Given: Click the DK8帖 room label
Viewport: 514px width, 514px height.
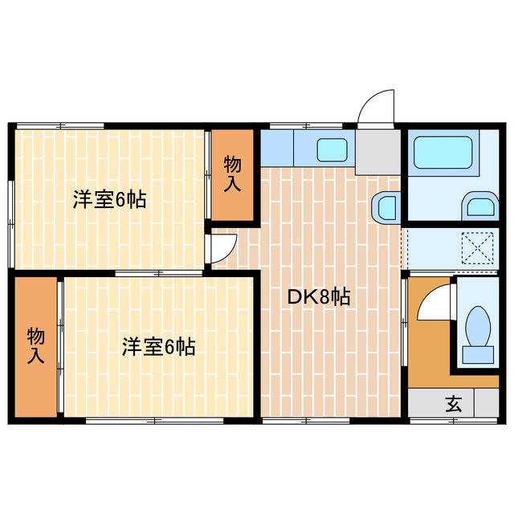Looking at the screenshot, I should coord(318,296).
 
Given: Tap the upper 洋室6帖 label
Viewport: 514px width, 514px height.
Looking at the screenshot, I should coord(109,200).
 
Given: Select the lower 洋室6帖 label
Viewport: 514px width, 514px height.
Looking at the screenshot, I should coord(158,347).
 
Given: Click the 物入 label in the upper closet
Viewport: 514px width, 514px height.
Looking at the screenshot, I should coord(232,173).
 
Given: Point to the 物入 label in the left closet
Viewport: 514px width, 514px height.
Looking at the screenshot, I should coord(35,346).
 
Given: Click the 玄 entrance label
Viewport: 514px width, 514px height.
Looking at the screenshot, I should coord(454,404).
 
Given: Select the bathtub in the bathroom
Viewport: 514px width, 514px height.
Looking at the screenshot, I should coord(442,152).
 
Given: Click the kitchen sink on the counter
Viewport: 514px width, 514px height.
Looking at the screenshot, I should coord(331,149).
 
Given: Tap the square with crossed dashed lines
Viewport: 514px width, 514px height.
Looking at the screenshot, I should coord(479,248).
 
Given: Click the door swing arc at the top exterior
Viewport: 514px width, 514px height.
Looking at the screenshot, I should coord(377,108).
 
